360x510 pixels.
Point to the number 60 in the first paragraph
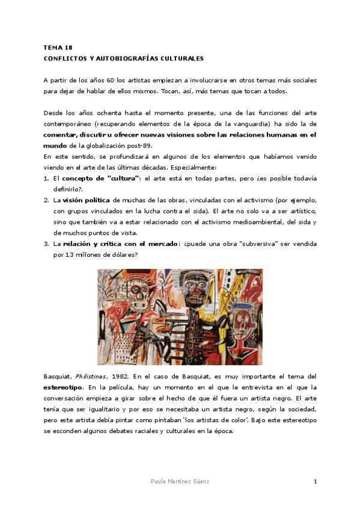click(x=111, y=80)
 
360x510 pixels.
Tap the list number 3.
click(x=46, y=244)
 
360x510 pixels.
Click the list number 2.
click(x=46, y=200)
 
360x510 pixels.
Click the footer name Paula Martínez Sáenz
click(x=180, y=482)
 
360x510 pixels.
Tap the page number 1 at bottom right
click(x=315, y=482)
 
